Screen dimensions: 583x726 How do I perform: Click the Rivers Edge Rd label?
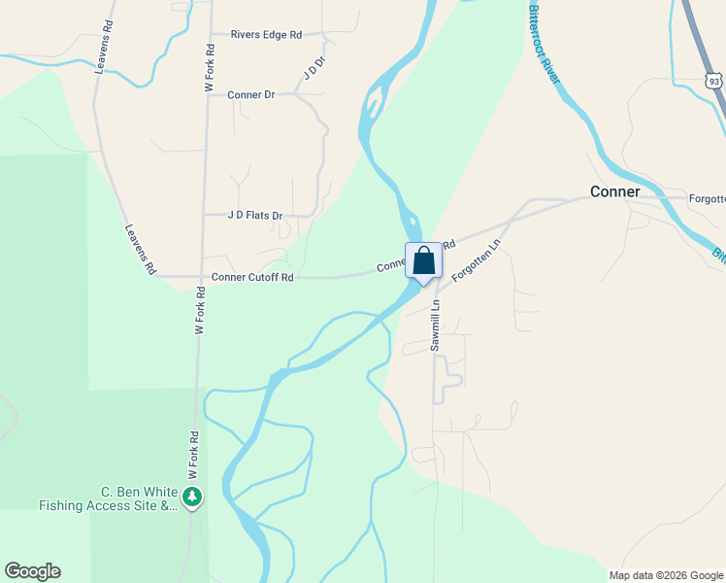pyautogui.click(x=266, y=35)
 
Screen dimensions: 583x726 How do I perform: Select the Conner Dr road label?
pyautogui.click(x=251, y=95)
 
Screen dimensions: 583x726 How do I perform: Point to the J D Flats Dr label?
pyautogui.click(x=255, y=216)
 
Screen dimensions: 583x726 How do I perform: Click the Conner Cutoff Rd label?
pyautogui.click(x=252, y=277)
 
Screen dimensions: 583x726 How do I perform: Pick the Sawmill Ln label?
pyautogui.click(x=436, y=325)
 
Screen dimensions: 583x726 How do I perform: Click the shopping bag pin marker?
pyautogui.click(x=422, y=261)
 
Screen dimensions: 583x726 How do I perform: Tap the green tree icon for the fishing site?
pyautogui.click(x=193, y=498)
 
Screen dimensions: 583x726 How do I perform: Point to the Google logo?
pyautogui.click(x=32, y=571)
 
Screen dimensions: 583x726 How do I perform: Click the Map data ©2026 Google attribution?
pyautogui.click(x=666, y=575)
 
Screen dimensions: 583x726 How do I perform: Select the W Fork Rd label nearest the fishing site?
pyautogui.click(x=193, y=453)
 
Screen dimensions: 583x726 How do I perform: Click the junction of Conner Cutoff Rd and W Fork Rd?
pyautogui.click(x=202, y=277)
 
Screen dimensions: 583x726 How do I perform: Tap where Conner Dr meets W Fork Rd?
pyautogui.click(x=206, y=95)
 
